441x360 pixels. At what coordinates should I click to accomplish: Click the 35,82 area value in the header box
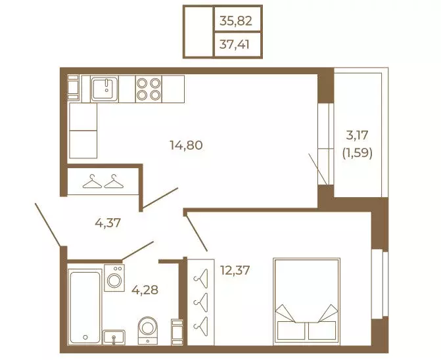pos(236,21)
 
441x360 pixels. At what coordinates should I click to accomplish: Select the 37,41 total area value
pos(234,45)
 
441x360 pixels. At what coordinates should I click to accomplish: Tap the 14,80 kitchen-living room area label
pos(186,145)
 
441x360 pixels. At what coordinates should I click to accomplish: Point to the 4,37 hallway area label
pos(108,223)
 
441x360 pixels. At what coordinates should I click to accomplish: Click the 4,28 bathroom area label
pos(145,290)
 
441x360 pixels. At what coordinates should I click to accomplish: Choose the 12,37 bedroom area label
pos(235,271)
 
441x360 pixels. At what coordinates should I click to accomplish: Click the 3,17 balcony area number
pos(357,135)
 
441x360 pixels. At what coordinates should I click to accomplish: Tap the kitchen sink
pos(104,89)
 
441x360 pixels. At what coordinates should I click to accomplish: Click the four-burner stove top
pos(149,89)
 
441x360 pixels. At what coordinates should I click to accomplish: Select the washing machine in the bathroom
pos(114,278)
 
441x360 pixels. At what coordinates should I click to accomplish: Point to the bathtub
pos(85,306)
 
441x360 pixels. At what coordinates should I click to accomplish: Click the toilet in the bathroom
pos(148,330)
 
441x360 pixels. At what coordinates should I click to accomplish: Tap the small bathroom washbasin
pos(114,337)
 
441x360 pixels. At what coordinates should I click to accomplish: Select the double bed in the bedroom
pos(306,302)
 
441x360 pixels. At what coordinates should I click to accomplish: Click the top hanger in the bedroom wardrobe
pos(201,279)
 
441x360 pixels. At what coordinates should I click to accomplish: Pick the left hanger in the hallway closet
pos(92,181)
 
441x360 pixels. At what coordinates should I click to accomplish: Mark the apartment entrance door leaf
pos(47,224)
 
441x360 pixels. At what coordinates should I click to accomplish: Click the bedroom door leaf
pos(196,231)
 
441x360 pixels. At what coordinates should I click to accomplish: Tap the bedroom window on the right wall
pos(380,284)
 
